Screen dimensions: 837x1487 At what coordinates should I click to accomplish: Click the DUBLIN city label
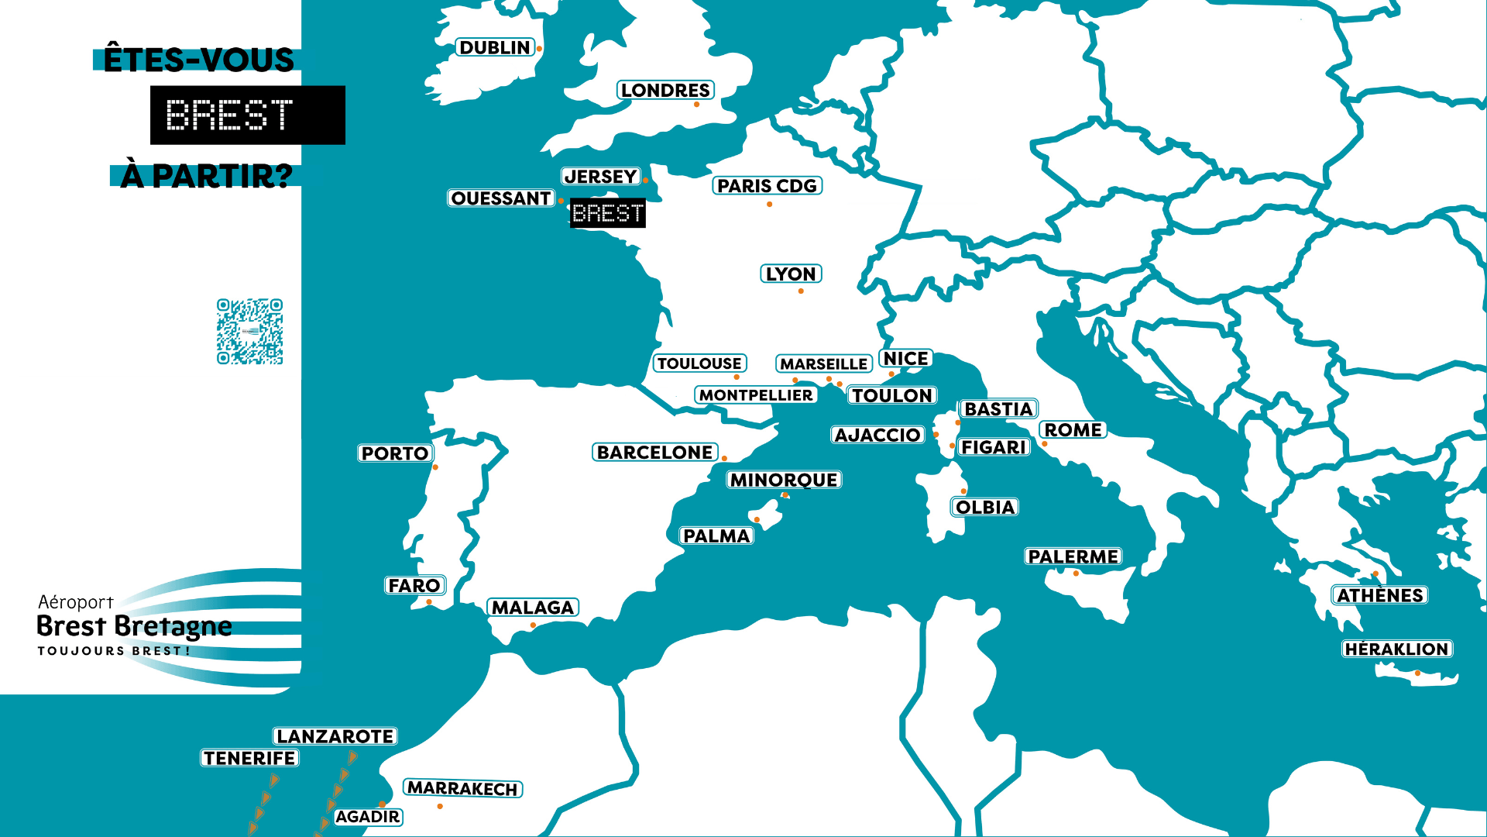point(495,48)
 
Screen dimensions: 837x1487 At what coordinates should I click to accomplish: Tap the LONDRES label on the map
point(665,91)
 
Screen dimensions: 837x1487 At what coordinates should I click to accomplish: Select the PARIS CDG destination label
point(767,186)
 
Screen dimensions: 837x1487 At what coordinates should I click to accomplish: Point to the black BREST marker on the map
point(607,213)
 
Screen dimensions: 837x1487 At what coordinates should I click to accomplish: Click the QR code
point(249,332)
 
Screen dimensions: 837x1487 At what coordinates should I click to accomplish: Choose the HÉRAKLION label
point(1396,649)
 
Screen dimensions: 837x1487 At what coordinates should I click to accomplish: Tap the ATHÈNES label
point(1380,595)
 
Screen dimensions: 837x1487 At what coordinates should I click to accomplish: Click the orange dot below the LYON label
point(801,291)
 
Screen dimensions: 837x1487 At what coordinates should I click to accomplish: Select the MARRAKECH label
point(462,789)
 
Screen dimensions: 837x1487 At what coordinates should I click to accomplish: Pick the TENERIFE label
point(249,758)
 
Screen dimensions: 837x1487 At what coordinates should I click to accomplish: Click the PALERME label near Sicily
point(1073,556)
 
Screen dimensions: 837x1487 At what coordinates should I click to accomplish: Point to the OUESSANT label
point(501,198)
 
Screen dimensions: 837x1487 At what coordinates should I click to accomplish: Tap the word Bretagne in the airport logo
point(184,626)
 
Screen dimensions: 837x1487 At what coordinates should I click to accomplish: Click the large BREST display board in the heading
point(247,115)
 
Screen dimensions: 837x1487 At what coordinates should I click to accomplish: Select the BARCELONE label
point(654,453)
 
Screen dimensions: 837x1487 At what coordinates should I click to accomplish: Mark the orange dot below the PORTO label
point(435,467)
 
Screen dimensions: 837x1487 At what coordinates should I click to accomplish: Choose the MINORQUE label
point(784,480)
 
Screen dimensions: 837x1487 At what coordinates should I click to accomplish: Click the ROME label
point(1073,430)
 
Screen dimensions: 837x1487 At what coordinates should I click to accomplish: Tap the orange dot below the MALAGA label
point(533,625)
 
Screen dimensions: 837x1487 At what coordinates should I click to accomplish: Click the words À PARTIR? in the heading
point(207,176)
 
